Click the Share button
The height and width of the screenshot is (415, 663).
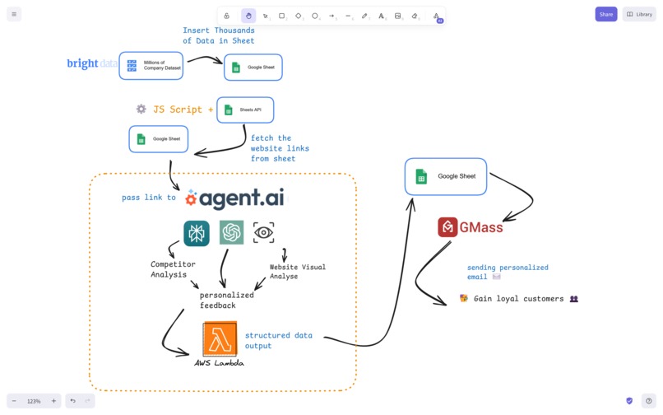pos(605,14)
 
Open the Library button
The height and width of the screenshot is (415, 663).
pos(639,14)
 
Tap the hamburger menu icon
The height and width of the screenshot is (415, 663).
pos(14,14)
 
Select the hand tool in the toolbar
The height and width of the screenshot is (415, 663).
pos(248,16)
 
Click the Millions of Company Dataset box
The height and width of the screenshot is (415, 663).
pos(151,66)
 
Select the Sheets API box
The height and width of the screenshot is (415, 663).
pos(245,110)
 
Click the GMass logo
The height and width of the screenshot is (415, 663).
pos(471,227)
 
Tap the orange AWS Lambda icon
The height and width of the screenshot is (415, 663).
pos(220,338)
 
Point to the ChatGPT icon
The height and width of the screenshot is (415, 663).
pos(232,233)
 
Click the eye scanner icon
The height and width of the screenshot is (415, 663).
pos(263,233)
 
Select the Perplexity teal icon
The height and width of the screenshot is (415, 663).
pos(197,233)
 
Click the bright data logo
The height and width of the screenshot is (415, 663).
pos(91,63)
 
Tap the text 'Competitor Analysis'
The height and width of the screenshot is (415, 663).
pos(173,269)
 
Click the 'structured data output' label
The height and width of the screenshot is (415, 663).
pos(279,340)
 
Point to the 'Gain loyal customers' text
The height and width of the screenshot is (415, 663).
pos(518,299)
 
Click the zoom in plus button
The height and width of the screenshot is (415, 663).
pos(53,401)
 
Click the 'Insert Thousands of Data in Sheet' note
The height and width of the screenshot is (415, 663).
pos(218,35)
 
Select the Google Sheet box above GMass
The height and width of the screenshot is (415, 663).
pos(446,176)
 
